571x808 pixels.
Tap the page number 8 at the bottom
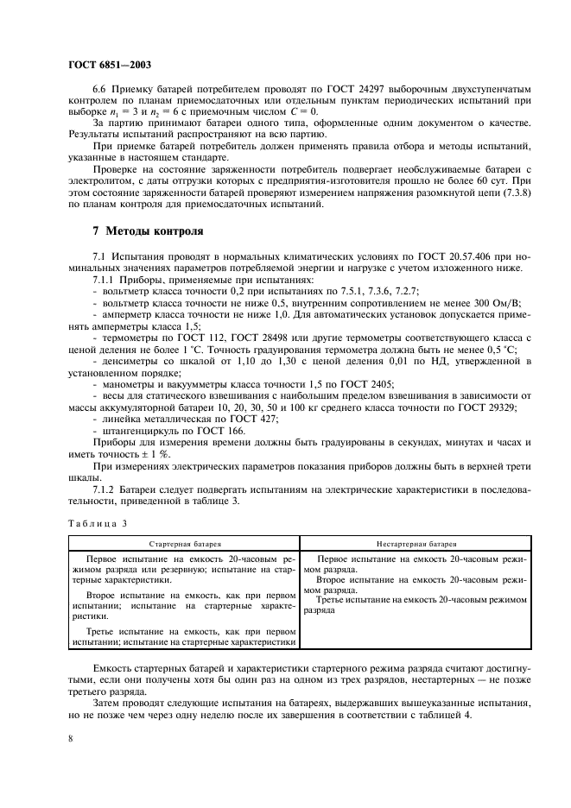pos(71,739)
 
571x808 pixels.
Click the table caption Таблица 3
pos(97,523)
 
